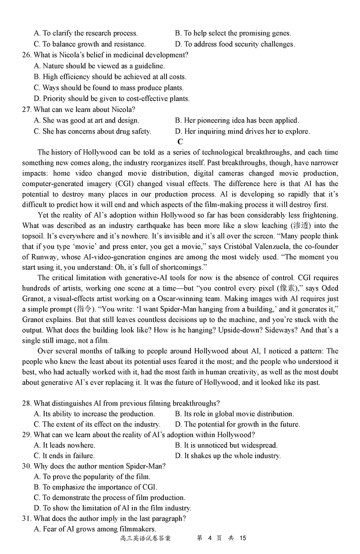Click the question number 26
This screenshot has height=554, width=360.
[x=26, y=55]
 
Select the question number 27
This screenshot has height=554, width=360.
[x=26, y=109]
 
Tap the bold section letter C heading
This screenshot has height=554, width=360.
[x=180, y=142]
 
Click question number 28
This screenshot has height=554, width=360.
[x=26, y=403]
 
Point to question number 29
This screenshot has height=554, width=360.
[x=26, y=434]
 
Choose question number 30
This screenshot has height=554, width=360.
[x=26, y=466]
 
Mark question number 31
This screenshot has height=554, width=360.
[x=26, y=518]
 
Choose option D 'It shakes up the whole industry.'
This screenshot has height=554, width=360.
[x=228, y=456]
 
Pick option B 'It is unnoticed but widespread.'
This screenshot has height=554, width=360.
[x=226, y=445]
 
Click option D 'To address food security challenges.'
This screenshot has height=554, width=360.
[x=234, y=44]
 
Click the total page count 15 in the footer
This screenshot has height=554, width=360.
[x=243, y=538]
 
